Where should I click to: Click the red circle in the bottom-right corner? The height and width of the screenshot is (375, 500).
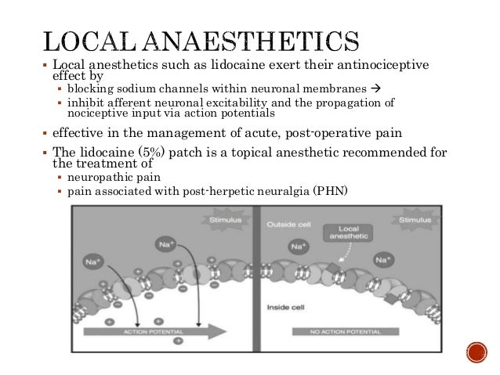tap(475, 354)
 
